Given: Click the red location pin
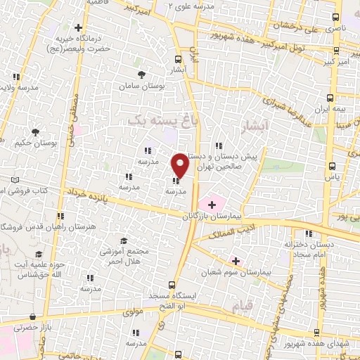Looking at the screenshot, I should [x=180, y=165].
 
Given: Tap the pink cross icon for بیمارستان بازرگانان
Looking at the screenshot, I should [x=212, y=204].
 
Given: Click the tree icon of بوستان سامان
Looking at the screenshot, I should [x=142, y=74].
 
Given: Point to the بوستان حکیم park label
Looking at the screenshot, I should [x=34, y=143].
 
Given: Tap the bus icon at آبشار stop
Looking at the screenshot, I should [x=178, y=60].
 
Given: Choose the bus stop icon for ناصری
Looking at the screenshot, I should [x=335, y=18].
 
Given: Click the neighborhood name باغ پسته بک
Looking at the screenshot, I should [x=152, y=121].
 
